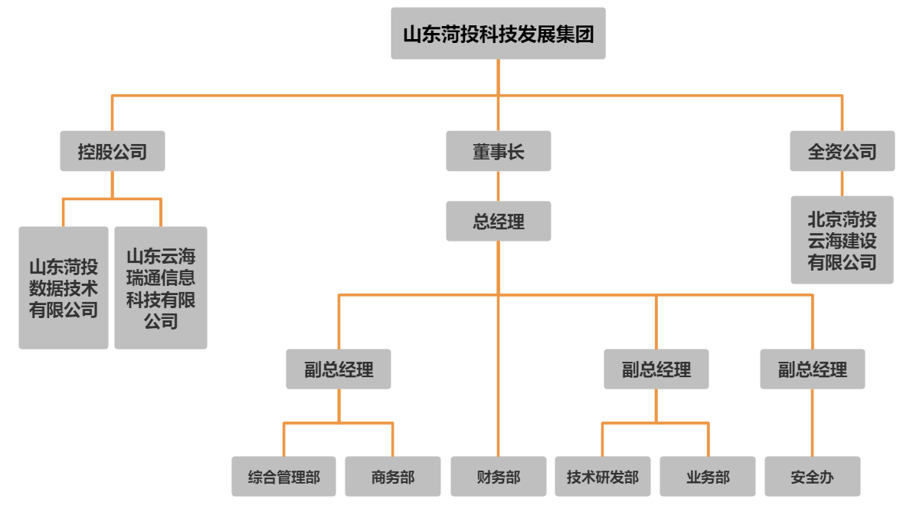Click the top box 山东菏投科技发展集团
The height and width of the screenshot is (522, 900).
point(498,34)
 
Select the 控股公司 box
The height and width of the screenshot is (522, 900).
point(112,151)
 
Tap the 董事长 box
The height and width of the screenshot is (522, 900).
point(498,151)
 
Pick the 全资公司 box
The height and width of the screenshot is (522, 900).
point(842,151)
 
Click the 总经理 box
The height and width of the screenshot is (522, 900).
point(498,222)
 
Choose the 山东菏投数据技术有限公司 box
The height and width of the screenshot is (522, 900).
point(64,288)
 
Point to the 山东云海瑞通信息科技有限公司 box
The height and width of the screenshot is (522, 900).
point(161,288)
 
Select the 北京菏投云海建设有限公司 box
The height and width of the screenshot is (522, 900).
point(842,240)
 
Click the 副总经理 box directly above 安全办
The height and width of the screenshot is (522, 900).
point(812,369)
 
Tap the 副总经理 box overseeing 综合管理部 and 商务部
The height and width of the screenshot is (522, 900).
point(339,369)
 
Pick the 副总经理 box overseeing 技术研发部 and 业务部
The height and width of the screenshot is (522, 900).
point(656,369)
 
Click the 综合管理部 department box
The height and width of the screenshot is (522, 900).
point(283,477)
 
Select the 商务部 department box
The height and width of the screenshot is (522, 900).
point(392,477)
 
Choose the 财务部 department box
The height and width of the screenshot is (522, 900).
point(498,477)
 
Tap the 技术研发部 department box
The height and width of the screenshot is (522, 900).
point(602,477)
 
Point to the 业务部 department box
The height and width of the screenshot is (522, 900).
point(708,477)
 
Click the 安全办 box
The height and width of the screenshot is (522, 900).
point(812,477)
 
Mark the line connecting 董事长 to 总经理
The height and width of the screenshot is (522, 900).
point(498,186)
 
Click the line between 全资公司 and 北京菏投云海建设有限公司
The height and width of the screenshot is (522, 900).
point(842,183)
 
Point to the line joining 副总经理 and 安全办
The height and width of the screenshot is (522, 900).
point(812,423)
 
